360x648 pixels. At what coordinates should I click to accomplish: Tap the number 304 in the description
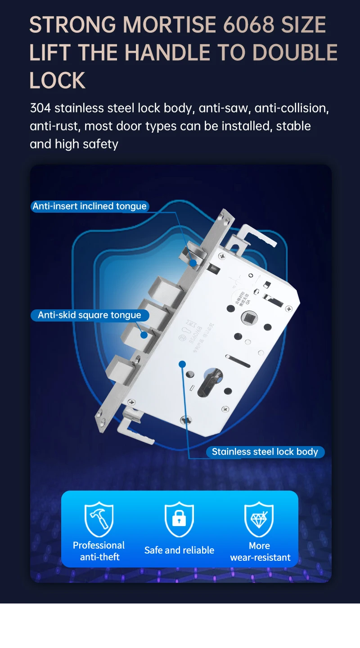[40, 108]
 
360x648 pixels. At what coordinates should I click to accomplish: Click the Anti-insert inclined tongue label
[90, 206]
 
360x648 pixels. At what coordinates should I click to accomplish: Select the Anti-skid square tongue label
[89, 315]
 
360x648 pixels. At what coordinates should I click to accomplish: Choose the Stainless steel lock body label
[265, 452]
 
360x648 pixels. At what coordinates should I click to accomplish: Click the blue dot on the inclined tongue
[193, 263]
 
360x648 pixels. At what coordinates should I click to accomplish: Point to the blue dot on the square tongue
[144, 335]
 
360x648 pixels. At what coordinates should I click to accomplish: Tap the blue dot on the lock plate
[182, 364]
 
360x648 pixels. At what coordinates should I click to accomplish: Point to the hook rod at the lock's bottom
[133, 423]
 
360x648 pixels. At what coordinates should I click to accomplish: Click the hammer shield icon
[99, 519]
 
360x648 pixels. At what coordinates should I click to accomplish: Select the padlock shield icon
[179, 519]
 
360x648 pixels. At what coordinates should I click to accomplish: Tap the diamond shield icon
[259, 519]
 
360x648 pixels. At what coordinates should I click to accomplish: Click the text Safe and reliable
[179, 550]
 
